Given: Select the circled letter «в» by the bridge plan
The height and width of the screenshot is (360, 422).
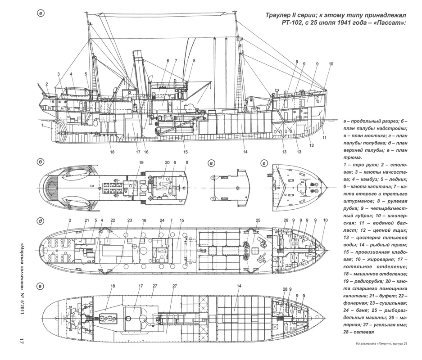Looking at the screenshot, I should pyautogui.click(x=211, y=162).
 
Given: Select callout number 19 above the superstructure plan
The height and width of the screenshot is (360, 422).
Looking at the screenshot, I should pyautogui.click(x=141, y=162).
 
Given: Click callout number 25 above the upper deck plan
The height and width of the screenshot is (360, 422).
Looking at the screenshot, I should pyautogui.click(x=258, y=220).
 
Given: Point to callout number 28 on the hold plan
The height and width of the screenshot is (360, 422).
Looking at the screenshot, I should pyautogui.click(x=285, y=288).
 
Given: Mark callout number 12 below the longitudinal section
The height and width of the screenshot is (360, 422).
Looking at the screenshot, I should pyautogui.click(x=312, y=145).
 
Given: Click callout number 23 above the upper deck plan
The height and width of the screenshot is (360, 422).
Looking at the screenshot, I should pyautogui.click(x=130, y=220).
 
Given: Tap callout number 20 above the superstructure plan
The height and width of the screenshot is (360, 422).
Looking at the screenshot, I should pyautogui.click(x=167, y=162).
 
